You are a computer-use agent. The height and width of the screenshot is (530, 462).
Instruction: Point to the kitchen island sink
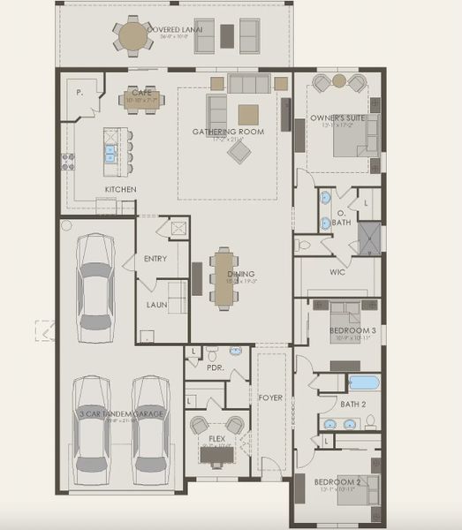[x=111, y=152]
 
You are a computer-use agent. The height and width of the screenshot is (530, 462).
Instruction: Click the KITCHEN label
[x=120, y=189]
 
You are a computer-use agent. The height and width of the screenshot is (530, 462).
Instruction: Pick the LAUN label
[x=156, y=305]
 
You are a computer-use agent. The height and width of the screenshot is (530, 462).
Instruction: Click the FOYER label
[x=271, y=397]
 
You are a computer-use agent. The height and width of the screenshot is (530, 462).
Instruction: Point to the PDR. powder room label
[x=215, y=366]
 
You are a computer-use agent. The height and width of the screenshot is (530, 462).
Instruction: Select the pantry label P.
[x=80, y=91]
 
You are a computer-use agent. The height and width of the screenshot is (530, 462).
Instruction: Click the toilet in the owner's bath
[x=305, y=242]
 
